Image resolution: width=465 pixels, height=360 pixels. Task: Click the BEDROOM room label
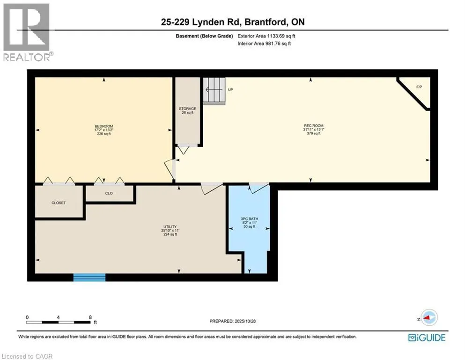coord(103,126)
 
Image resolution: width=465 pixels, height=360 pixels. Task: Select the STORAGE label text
coord(187,109)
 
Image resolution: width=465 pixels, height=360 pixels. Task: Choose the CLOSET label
coord(59,203)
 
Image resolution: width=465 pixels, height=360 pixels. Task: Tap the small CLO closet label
coord(109,193)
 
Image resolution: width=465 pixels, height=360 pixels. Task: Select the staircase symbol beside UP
coord(214,90)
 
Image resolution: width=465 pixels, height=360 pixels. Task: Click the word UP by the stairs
coord(230,90)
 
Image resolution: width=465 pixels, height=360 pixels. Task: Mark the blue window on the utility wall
coord(89,277)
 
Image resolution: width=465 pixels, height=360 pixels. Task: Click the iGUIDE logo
coord(427,337)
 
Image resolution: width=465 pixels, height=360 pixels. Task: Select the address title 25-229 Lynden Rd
coord(232,22)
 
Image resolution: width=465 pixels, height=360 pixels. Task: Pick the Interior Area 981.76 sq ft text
coord(263,44)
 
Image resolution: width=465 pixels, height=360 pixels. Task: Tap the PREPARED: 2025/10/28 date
coord(232,321)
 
